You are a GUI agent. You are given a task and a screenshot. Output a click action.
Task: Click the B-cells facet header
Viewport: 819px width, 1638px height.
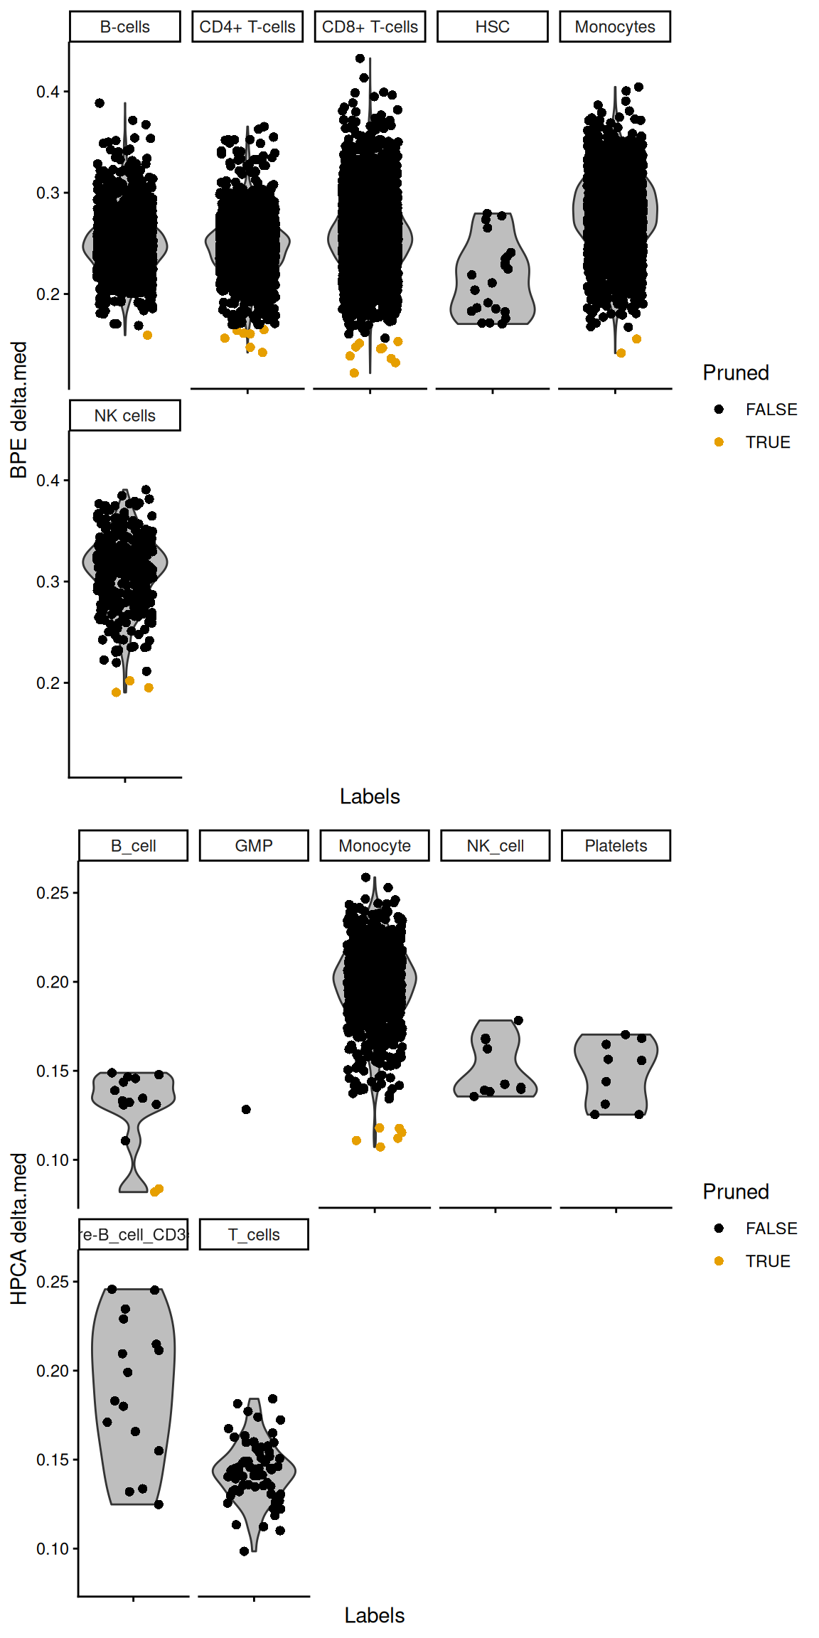124,27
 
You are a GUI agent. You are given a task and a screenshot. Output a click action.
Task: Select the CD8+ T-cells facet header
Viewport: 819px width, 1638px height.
370,27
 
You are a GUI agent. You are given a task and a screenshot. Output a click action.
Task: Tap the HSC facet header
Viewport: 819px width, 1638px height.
492,27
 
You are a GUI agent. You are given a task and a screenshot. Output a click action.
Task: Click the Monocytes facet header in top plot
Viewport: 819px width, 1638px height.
615,27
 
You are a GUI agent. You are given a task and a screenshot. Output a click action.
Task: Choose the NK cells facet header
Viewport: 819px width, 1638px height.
124,416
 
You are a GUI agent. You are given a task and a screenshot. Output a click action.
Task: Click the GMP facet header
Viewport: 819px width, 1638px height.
254,846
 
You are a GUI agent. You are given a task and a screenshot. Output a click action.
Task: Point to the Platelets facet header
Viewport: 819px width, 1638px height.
616,846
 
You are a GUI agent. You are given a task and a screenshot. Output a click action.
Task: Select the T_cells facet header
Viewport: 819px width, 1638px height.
254,1235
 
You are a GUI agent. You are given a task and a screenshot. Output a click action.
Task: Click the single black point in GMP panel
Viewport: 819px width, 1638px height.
246,1109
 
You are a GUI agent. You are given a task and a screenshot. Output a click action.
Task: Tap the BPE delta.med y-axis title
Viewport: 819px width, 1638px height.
18,409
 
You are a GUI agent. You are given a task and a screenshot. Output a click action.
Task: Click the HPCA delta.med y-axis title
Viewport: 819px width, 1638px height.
18,1228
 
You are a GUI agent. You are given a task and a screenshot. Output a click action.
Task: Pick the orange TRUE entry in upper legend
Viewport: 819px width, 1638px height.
719,442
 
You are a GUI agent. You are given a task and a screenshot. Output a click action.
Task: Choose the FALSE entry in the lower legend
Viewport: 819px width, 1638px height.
719,1228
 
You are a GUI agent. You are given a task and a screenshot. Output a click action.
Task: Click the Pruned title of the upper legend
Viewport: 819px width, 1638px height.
736,373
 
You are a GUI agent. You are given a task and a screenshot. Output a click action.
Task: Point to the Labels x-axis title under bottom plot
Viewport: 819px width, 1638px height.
374,1615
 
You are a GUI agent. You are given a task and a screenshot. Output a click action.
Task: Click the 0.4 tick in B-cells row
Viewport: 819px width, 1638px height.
48,92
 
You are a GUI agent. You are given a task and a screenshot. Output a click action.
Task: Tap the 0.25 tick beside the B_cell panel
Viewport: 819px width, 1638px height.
53,893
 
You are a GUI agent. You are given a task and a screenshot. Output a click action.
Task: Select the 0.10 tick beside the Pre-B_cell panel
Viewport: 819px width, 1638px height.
53,1548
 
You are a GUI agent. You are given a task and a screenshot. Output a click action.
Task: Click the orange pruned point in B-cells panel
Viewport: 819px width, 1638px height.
147,335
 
